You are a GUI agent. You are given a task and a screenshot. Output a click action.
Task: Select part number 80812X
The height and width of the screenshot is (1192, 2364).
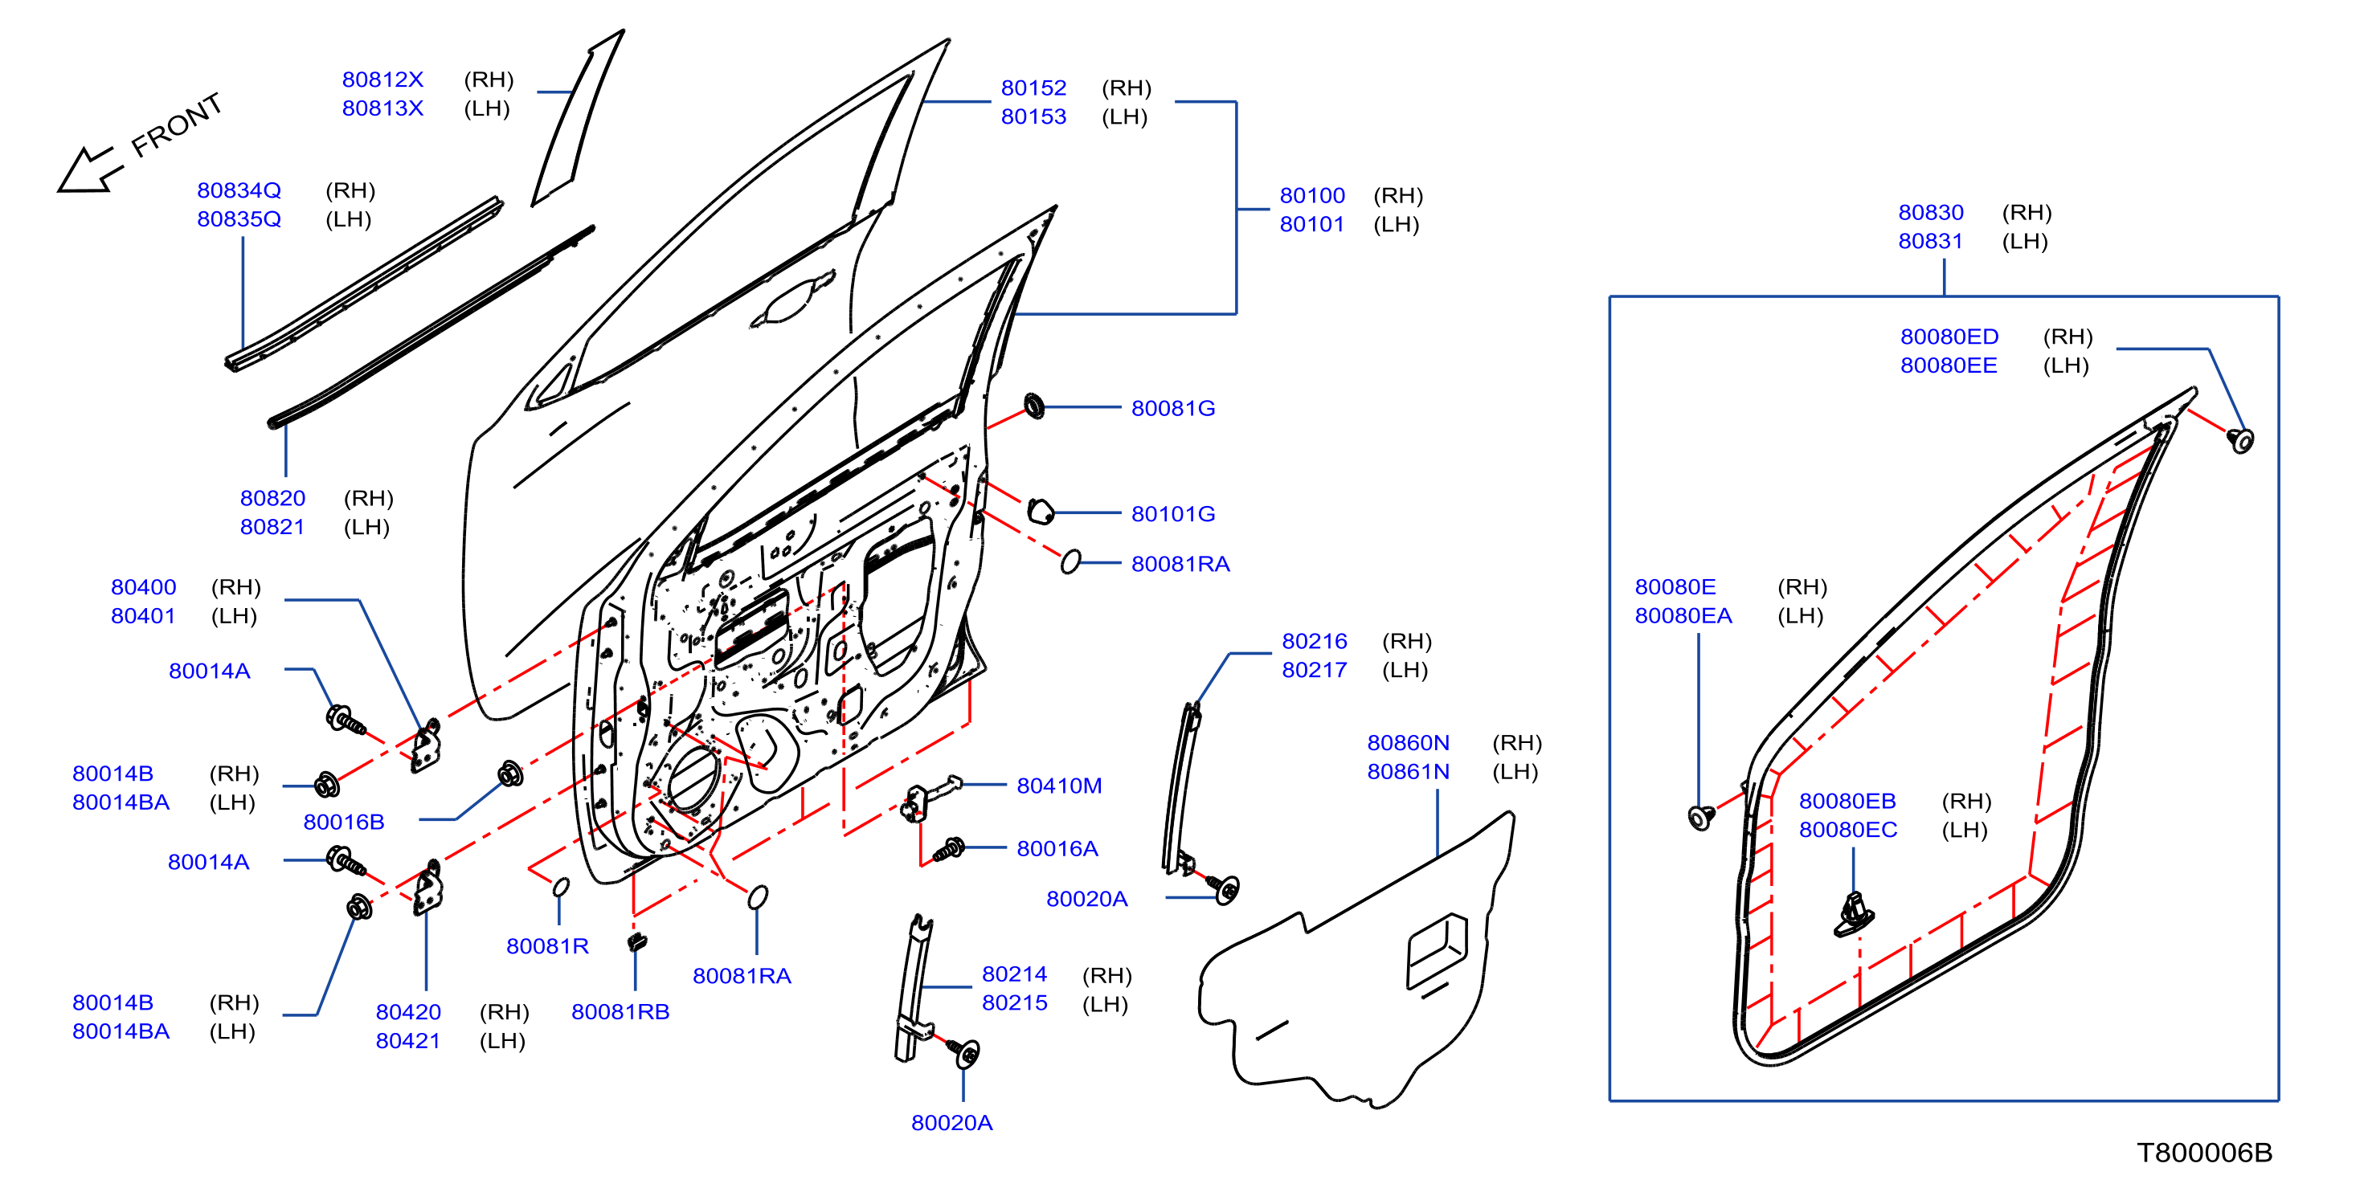coord(382,80)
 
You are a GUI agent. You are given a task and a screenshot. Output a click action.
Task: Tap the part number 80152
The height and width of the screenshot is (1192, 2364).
coord(1033,88)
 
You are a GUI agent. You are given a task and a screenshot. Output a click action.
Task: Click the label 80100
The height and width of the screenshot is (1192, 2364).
coord(1312,195)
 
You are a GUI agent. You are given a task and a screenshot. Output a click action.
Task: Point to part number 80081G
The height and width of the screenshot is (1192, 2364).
coord(1173,408)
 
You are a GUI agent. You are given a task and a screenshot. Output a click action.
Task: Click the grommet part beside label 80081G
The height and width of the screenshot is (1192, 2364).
coord(1033,406)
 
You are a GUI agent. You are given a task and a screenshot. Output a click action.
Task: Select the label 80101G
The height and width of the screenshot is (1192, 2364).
coord(1173,514)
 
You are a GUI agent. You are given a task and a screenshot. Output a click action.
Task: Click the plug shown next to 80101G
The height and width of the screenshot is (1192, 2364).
coord(1040,511)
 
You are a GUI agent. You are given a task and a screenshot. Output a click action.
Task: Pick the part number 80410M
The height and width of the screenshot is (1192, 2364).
coord(1059,786)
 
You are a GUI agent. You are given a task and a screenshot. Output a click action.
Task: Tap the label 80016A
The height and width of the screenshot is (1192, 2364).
coord(1057,849)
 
